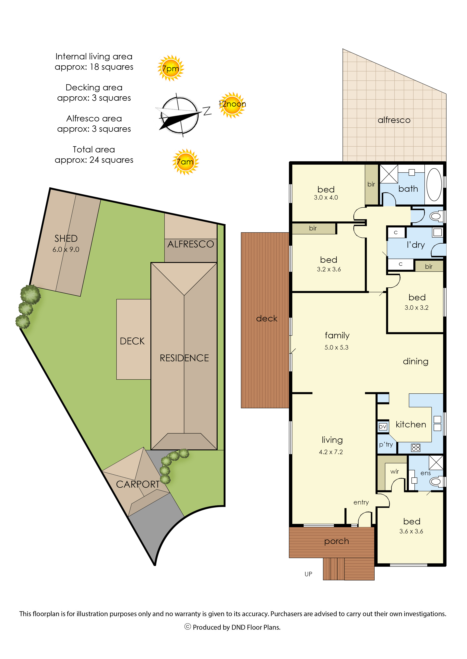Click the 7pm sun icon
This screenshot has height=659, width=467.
click(171, 68)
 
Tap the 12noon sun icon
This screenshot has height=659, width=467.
click(232, 105)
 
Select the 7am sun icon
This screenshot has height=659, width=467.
click(185, 162)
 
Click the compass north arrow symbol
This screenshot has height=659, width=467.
click(180, 115)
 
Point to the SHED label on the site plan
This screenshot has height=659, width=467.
click(66, 238)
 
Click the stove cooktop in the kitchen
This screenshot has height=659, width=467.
click(416, 447)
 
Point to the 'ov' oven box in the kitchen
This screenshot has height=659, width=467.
click(383, 427)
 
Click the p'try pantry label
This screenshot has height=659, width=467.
click(386, 445)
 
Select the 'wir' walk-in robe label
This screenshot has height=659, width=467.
click(395, 471)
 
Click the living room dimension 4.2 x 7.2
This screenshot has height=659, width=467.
click(331, 452)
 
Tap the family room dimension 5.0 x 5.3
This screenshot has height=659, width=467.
click(336, 347)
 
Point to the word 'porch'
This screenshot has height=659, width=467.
click(336, 542)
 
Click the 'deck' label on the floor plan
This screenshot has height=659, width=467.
click(267, 318)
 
